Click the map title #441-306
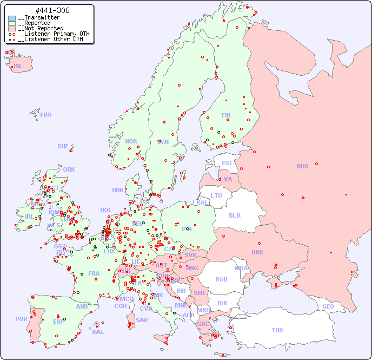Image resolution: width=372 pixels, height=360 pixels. (x=52, y=10)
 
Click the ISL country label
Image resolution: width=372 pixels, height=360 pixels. (x=18, y=67)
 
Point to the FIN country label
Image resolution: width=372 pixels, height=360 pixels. (x=226, y=115)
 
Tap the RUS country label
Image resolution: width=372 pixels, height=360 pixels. (x=302, y=166)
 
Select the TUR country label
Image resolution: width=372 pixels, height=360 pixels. (x=277, y=330)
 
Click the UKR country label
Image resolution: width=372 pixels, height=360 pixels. (x=257, y=252)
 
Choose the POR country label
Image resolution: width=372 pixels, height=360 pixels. (x=21, y=319)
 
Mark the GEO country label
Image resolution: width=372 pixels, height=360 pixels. (x=328, y=306)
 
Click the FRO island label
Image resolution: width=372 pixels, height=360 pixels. (x=46, y=115)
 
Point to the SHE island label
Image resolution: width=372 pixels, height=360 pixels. (x=63, y=146)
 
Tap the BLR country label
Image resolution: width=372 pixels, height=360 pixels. (x=234, y=215)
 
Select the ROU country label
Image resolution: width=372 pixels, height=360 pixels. (x=221, y=280)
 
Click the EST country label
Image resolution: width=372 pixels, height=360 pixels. (x=227, y=163)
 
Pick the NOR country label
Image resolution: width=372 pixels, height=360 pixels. (x=131, y=141)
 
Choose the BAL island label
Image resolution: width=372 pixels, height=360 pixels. (x=98, y=332)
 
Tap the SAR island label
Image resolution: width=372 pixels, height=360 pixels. (x=142, y=320)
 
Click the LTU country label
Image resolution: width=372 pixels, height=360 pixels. (x=216, y=195)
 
